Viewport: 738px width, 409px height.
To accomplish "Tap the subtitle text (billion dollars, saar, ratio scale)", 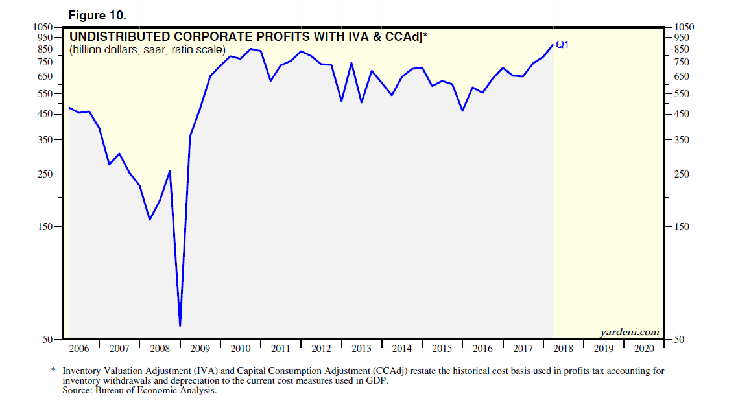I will pos(147,50).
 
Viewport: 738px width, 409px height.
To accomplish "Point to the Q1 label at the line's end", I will pos(562,45).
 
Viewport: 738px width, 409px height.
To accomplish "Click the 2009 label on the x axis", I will pos(200,349).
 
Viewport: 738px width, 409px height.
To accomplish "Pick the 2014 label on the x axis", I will pos(402,349).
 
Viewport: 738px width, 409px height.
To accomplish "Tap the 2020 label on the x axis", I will pos(644,349).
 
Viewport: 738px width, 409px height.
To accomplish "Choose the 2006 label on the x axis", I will pos(78,349).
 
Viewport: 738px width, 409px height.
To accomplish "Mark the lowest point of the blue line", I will pos(180,325).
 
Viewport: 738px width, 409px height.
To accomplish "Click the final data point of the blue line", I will pos(553,45).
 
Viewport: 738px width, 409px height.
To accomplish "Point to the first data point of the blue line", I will pos(69,108).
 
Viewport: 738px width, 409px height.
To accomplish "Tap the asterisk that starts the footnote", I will pos(53,371).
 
